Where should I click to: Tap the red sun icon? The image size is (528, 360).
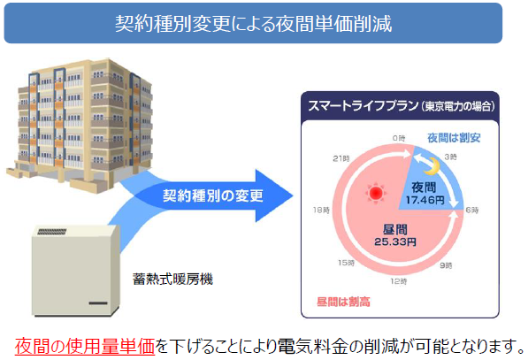(376, 194)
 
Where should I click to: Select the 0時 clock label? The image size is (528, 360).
(399, 138)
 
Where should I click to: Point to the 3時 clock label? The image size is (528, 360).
(450, 157)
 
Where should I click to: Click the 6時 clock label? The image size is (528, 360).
(472, 211)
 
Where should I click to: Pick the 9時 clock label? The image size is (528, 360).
(446, 265)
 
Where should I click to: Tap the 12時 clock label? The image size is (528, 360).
(399, 281)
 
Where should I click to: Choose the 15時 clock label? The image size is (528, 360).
(347, 263)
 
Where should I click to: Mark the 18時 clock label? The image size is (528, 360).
(321, 211)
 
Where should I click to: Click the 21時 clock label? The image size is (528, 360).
(341, 158)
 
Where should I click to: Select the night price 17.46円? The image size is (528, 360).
(425, 200)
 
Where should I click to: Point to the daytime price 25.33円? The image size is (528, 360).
(395, 241)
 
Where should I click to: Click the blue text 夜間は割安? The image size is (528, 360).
(454, 138)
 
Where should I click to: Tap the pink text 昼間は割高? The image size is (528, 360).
(343, 302)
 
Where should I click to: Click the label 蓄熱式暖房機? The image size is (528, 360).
(172, 279)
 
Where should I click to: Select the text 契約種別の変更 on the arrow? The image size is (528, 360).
(213, 195)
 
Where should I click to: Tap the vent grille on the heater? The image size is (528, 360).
(52, 232)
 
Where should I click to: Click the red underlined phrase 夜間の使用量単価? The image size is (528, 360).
(85, 347)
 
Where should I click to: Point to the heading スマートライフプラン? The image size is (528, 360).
(363, 106)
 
